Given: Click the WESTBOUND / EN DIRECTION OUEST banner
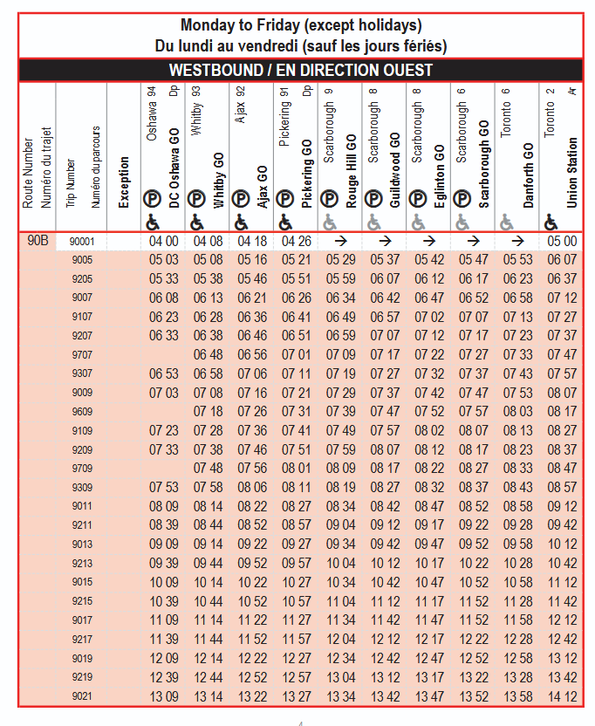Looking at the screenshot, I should pos(300,70).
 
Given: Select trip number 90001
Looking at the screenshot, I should pos(82,242).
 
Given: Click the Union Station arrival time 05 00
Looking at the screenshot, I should pos(562,242).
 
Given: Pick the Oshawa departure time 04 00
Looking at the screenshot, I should pos(163,242).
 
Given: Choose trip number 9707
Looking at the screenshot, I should pos(82,354).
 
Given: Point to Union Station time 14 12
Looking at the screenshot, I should pos(562,696).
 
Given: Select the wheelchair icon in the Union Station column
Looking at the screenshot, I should pos(551,223).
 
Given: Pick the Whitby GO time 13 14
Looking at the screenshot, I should pos(208,696).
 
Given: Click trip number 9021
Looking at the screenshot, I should pos(82,696).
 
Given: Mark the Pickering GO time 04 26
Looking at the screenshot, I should pos(296,242).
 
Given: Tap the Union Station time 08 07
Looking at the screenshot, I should pos(562,393).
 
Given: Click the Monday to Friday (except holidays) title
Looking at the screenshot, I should pos(300,25).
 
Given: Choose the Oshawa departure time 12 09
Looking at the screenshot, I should pos(163,658).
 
